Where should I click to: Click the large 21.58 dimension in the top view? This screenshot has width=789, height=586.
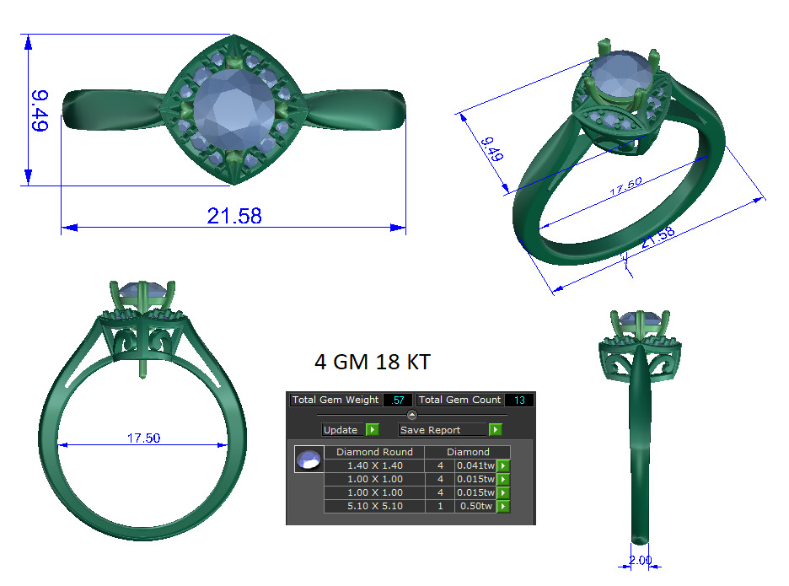coord(234,216)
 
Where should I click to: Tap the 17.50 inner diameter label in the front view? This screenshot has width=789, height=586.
coord(143,438)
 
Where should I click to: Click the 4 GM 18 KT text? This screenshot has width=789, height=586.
coord(372,363)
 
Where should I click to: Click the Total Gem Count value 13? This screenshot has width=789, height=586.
coord(518,400)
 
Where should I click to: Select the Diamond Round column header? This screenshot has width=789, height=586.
coord(374,452)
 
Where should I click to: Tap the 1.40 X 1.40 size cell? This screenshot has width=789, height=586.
coord(374,465)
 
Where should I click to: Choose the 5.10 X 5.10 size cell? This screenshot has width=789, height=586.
coord(374,506)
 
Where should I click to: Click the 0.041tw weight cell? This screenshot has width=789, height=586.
coord(475,465)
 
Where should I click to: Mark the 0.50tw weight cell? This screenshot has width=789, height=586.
coord(475,506)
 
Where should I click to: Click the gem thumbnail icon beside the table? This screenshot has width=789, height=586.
coord(308,460)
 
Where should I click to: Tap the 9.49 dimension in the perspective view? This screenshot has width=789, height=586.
coord(491,148)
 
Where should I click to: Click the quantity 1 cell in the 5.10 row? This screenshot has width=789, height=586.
coord(440,506)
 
